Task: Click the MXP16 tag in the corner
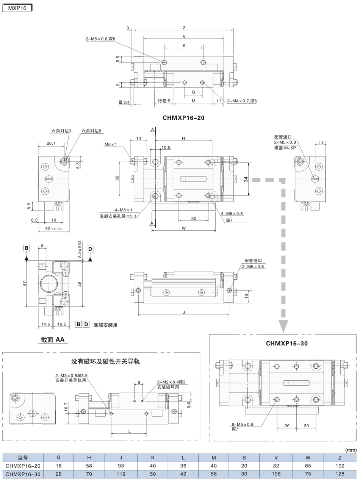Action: (x=17, y=8)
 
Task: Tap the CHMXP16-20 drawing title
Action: (x=183, y=118)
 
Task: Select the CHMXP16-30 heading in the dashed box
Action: (x=286, y=344)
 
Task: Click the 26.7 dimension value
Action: (x=51, y=143)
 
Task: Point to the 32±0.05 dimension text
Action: (x=53, y=229)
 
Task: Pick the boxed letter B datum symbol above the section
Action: (x=27, y=248)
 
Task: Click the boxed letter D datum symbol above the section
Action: (x=90, y=249)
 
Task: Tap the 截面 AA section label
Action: (x=53, y=339)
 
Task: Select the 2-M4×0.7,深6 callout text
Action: (x=242, y=101)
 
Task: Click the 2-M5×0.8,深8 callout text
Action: (x=100, y=39)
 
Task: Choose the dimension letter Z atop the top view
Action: (x=184, y=28)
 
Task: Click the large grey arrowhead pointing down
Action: (x=283, y=327)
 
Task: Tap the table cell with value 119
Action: (x=121, y=474)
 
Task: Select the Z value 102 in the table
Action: (x=340, y=466)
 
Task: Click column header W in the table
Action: (x=308, y=458)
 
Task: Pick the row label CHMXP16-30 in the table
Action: (x=23, y=474)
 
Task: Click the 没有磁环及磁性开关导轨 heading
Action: (x=105, y=361)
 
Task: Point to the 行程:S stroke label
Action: (x=164, y=101)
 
